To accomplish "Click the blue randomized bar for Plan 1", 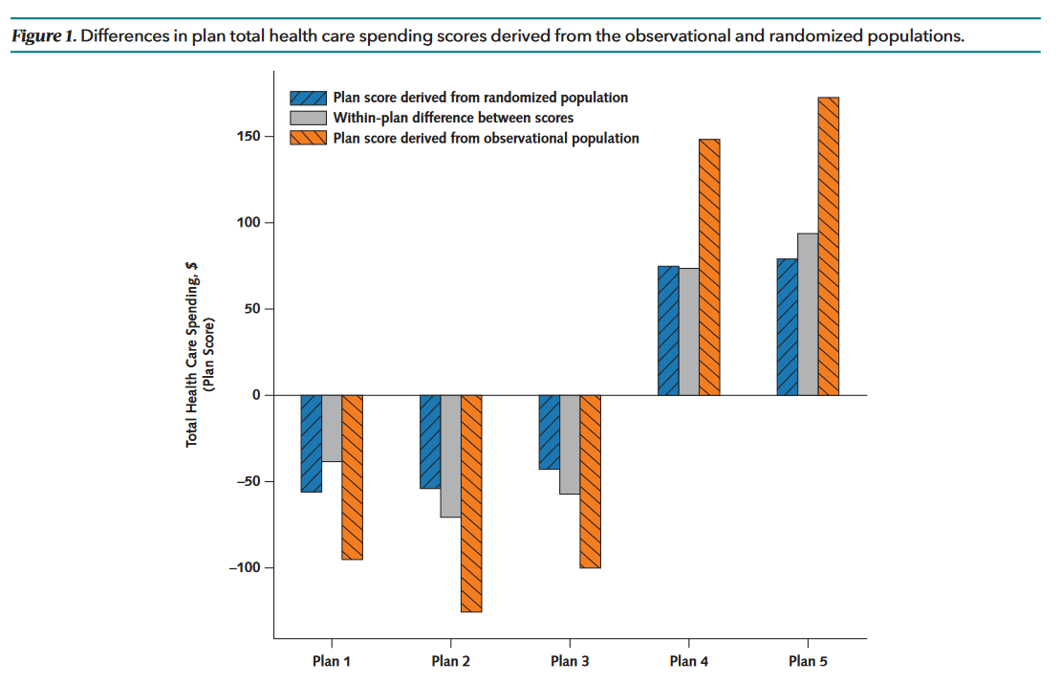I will tap(311, 443).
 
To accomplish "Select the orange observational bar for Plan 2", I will tap(471, 503).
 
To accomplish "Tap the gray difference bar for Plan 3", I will tap(570, 444).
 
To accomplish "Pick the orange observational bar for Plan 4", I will tap(709, 267).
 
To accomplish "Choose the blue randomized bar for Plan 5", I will tap(787, 327).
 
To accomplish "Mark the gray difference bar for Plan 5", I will tap(808, 314).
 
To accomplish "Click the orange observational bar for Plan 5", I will tap(829, 246).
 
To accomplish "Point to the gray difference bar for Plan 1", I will tap(332, 428).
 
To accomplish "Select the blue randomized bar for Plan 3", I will tap(549, 431).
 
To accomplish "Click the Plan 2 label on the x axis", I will tap(450, 661).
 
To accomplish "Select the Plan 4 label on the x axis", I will tap(689, 661).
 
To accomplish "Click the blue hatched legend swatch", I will tap(309, 98).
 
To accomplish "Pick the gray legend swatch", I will tap(309, 118).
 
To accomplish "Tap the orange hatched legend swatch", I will tap(309, 138).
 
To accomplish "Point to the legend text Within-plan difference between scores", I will tap(453, 118).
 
